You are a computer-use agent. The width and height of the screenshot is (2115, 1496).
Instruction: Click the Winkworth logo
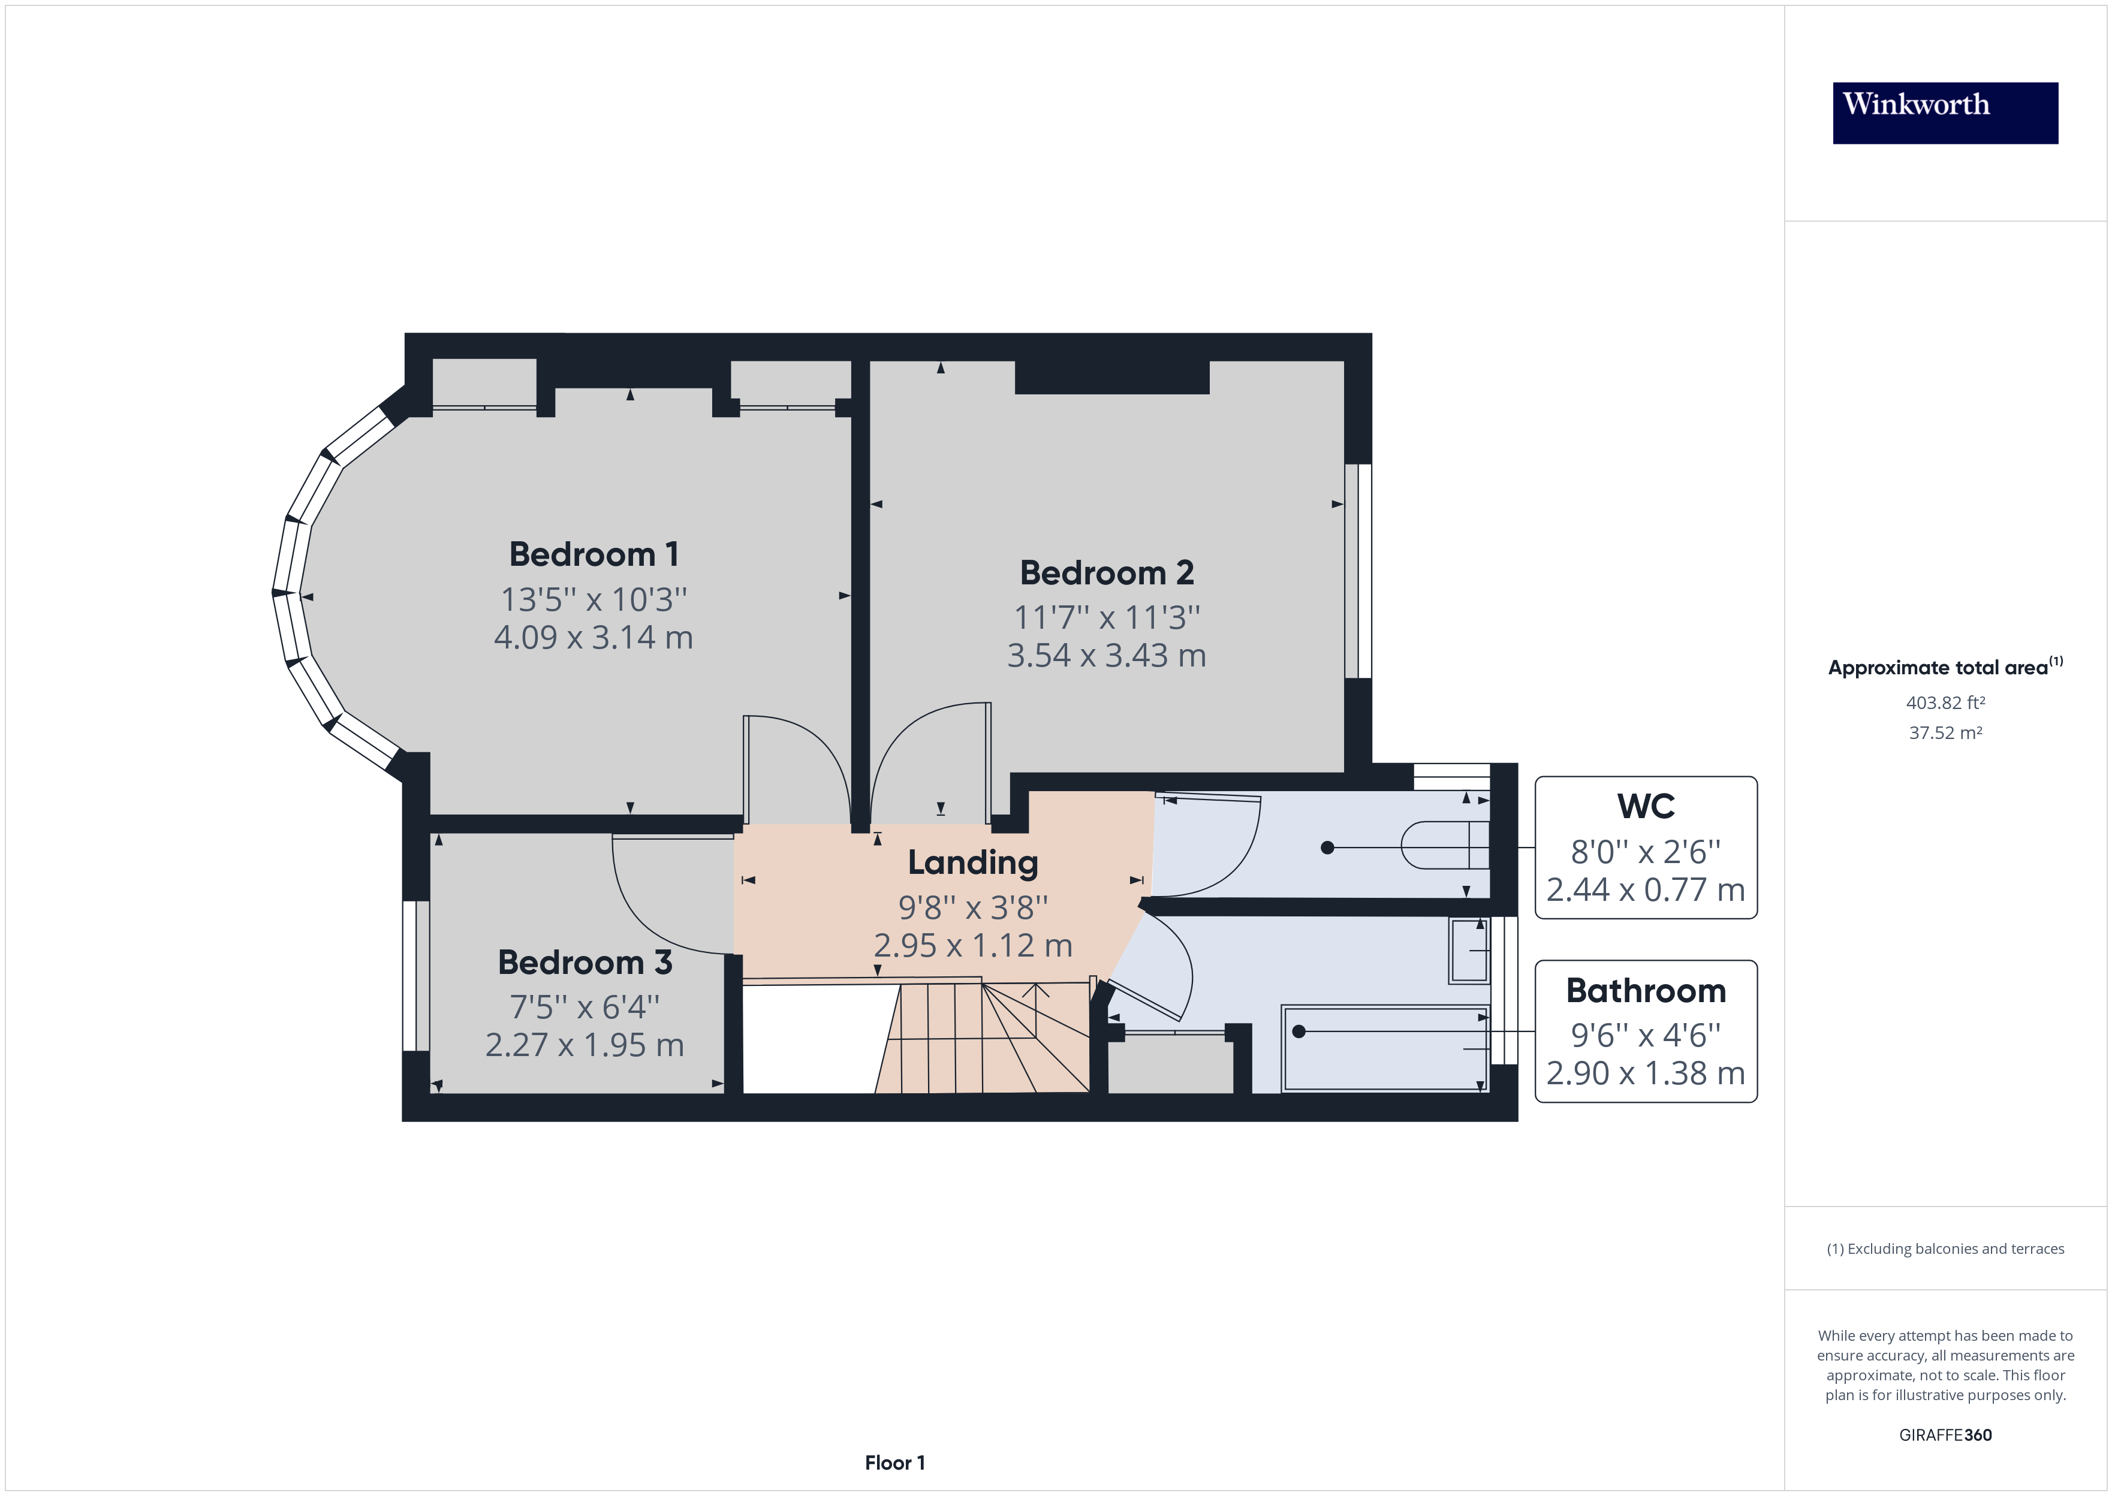[x=1945, y=113]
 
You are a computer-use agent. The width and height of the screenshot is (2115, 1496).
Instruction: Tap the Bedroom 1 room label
[x=593, y=554]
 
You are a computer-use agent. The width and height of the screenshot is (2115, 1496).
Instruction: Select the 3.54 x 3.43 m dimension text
[x=1105, y=656]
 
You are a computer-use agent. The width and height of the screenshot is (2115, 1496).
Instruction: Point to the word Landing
[x=973, y=863]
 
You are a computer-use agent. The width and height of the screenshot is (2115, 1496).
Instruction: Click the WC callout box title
[x=1645, y=807]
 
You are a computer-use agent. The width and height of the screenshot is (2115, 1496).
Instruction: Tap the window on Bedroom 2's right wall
[x=1358, y=571]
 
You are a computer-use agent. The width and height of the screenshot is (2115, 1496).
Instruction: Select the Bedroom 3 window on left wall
[x=417, y=976]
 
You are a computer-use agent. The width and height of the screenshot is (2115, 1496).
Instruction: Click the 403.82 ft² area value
[x=1945, y=703]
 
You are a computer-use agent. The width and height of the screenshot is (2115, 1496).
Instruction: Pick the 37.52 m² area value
[x=1945, y=733]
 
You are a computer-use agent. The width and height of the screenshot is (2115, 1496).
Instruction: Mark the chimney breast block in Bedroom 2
[x=1112, y=378]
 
